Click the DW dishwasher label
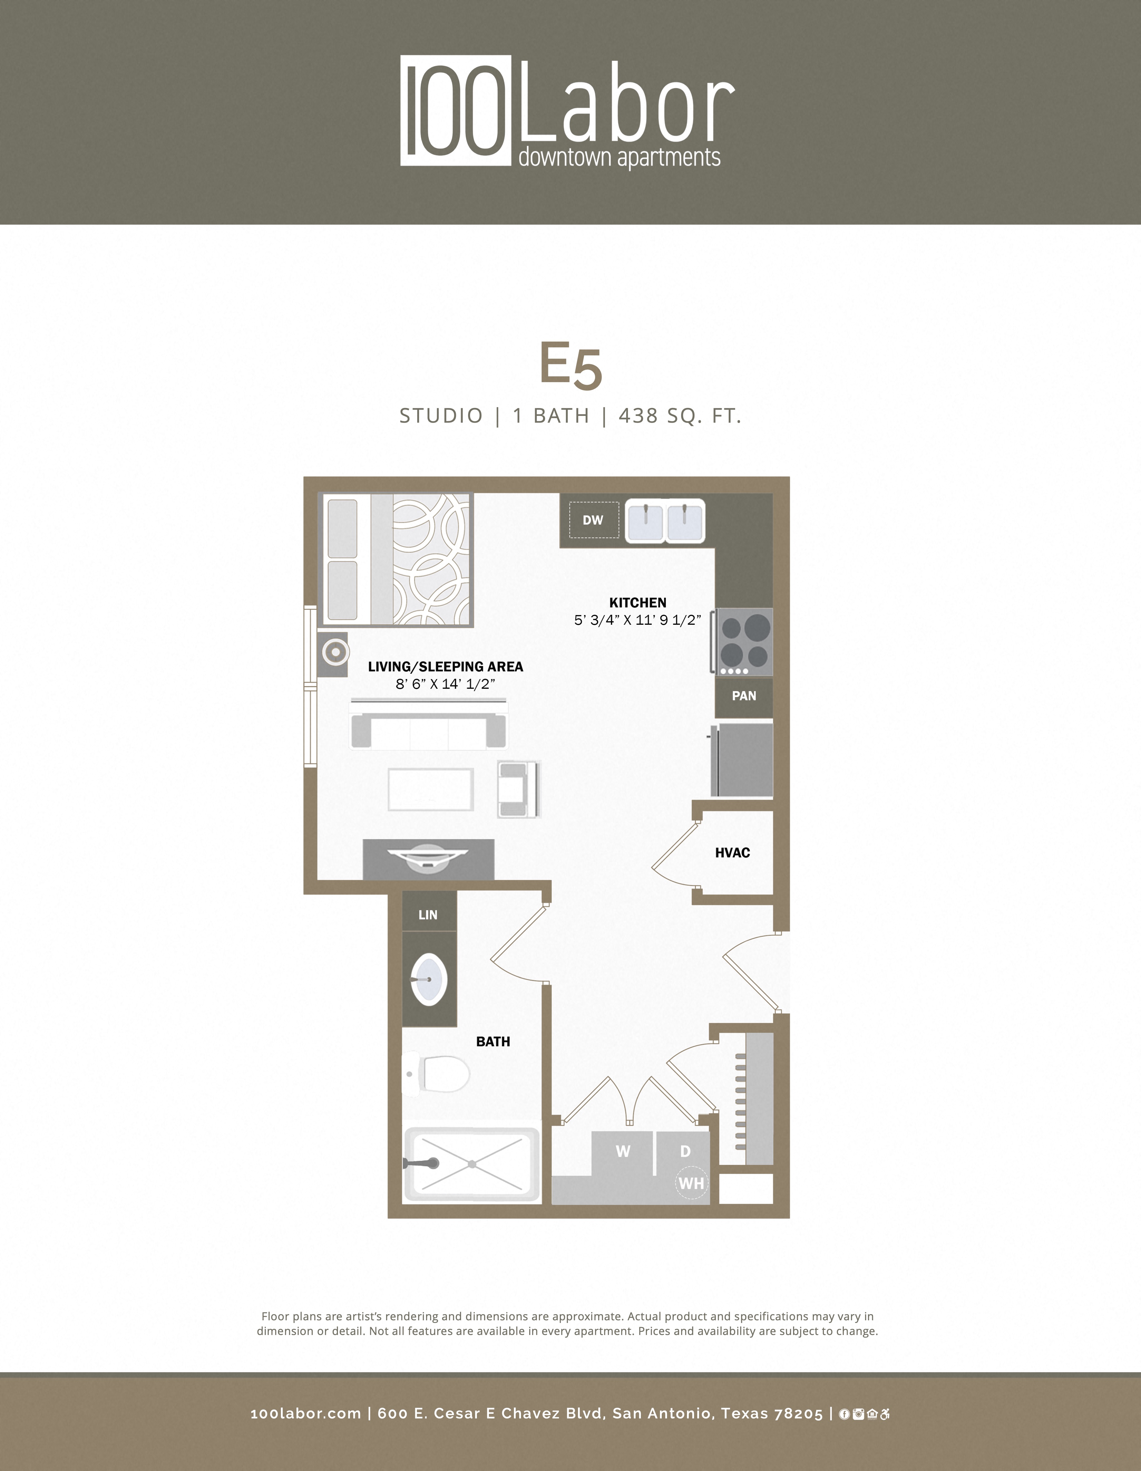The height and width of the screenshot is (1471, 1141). [x=593, y=520]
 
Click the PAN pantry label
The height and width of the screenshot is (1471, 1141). [x=744, y=696]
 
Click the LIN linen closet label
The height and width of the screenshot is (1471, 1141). [x=428, y=915]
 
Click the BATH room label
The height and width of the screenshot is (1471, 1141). [x=493, y=1041]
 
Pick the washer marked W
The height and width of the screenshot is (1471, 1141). [x=623, y=1152]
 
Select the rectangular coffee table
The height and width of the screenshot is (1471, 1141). [x=431, y=789]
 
